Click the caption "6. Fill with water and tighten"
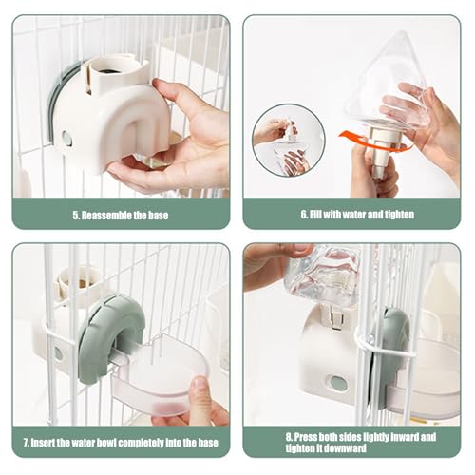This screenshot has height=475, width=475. click(x=357, y=215)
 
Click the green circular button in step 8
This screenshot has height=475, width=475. click(x=337, y=383)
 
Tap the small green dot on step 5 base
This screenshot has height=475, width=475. click(x=67, y=138)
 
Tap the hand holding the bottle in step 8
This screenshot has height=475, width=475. click(x=271, y=266)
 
